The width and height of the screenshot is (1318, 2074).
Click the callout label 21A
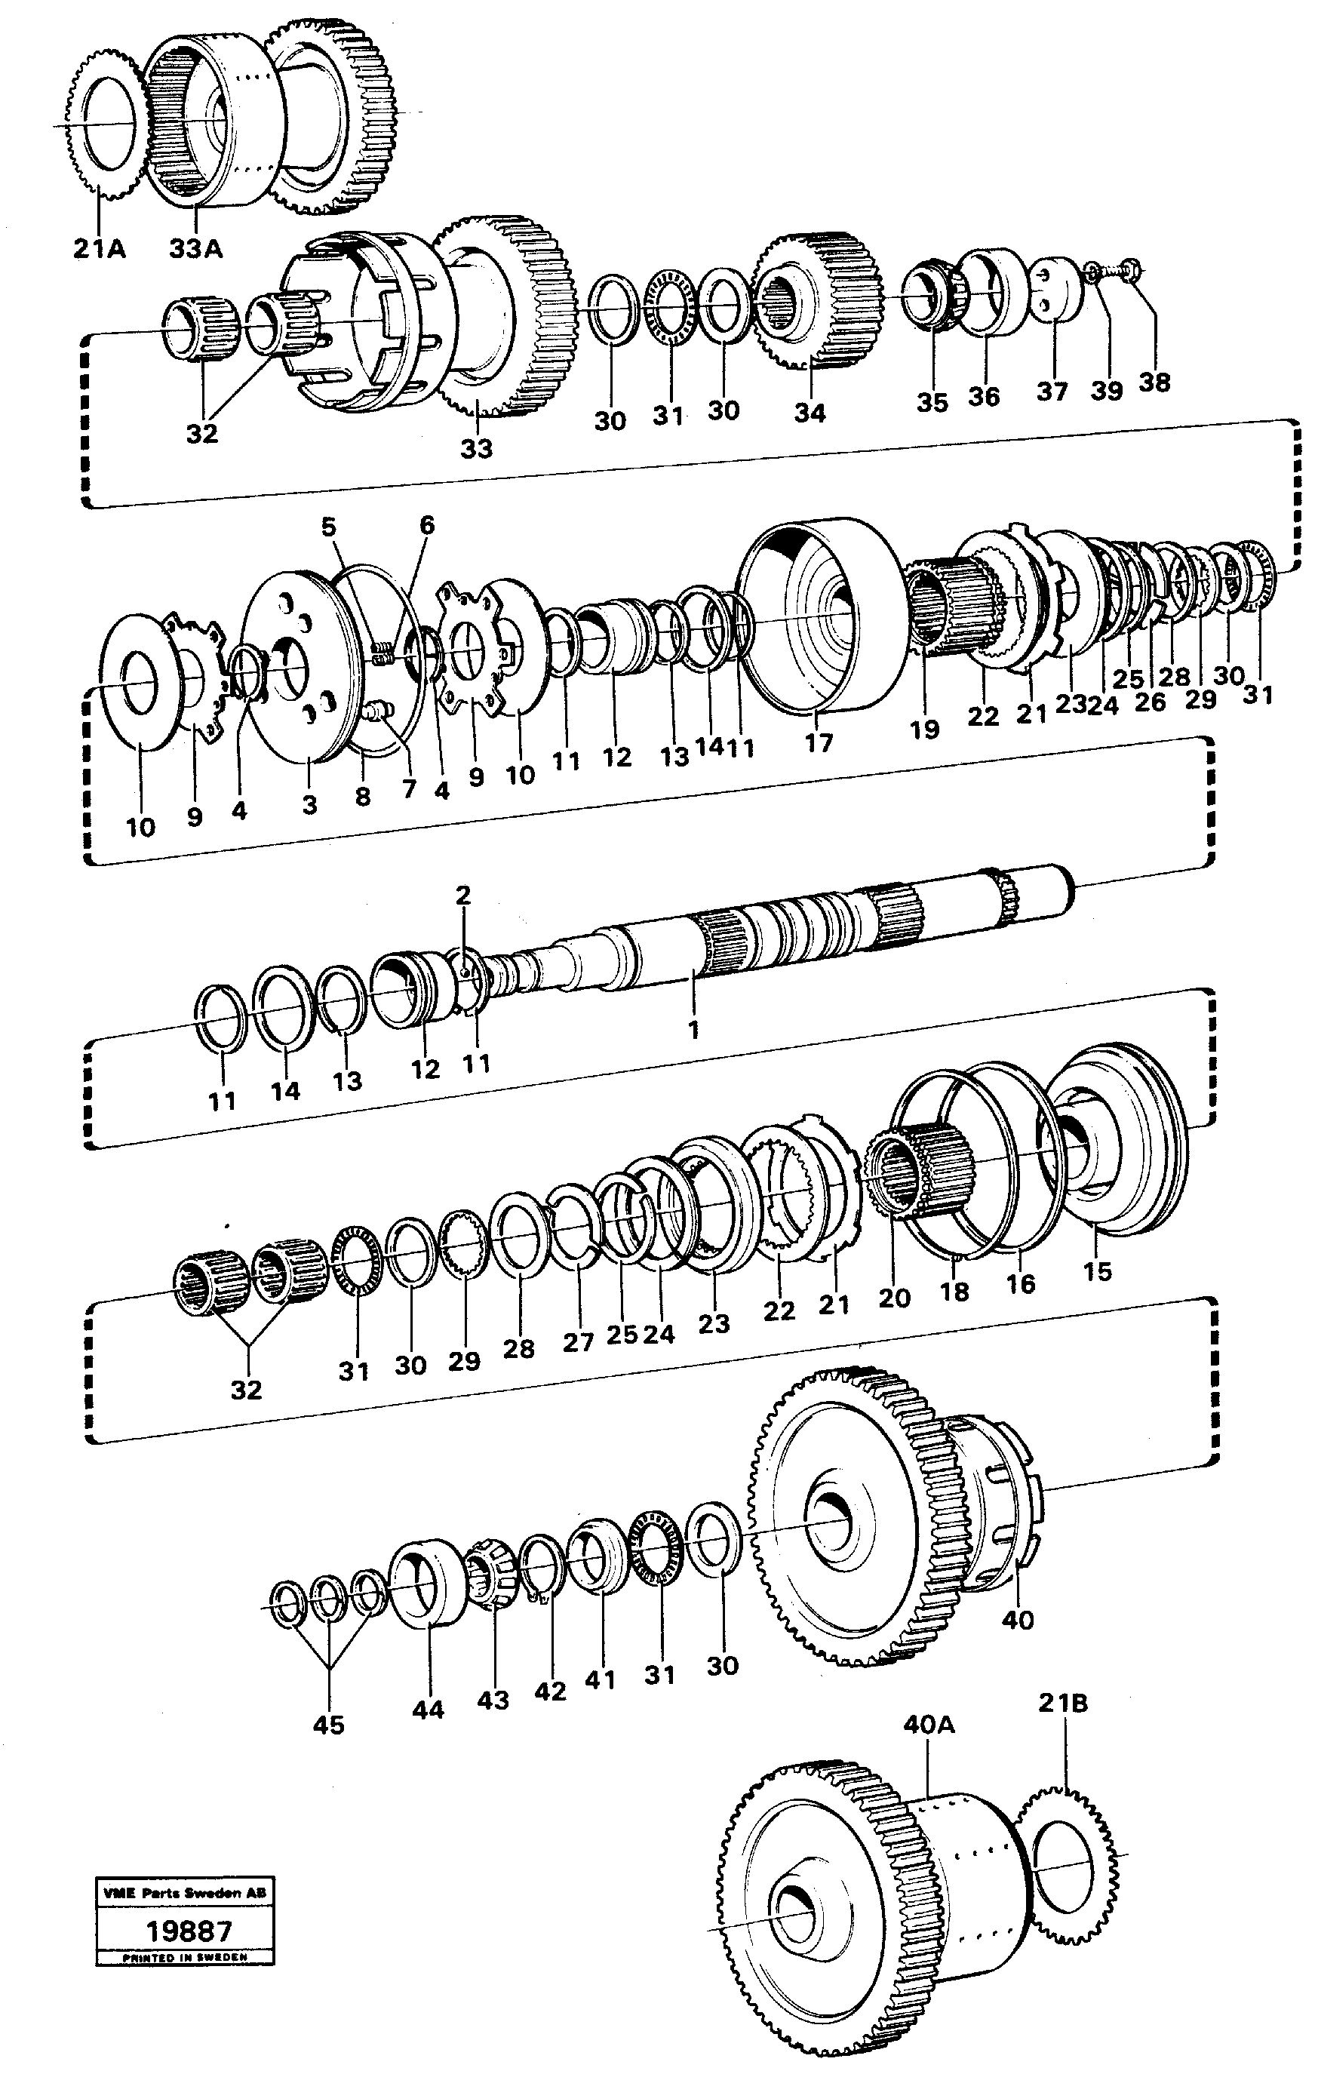click(99, 250)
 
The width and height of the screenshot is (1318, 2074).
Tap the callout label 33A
click(195, 250)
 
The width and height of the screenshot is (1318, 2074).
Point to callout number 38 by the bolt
click(1154, 383)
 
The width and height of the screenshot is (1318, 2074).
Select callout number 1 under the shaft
click(693, 1028)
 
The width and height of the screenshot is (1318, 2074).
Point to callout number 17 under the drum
click(819, 742)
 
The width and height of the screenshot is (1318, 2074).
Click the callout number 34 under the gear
click(809, 413)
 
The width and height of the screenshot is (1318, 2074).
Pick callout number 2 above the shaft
click(463, 896)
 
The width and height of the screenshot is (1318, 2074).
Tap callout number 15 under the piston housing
click(1097, 1271)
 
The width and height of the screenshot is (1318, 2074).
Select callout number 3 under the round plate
click(309, 804)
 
